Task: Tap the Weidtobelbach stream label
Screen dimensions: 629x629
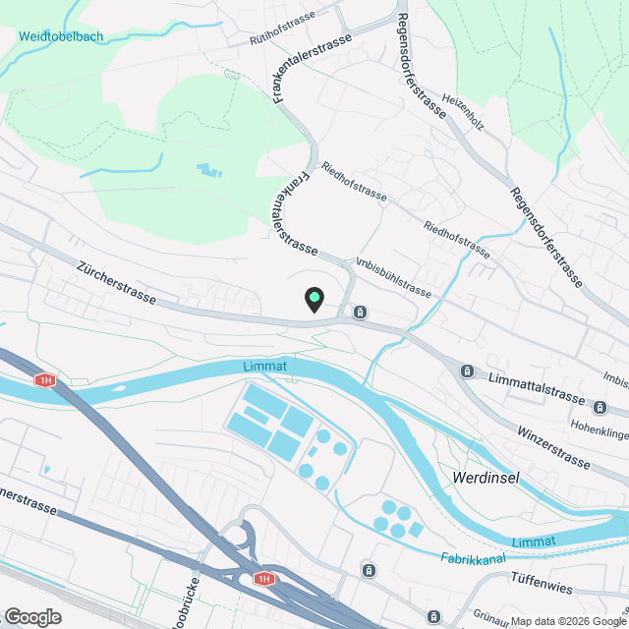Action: tap(61, 36)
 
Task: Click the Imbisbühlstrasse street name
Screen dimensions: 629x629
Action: tap(392, 278)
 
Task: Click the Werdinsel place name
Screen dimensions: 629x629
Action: tap(486, 477)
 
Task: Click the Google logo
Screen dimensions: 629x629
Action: tap(32, 616)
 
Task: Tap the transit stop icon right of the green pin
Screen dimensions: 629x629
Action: tap(361, 313)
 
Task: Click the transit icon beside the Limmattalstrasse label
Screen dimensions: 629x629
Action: tap(468, 372)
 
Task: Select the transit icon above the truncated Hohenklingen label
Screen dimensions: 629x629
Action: tap(600, 407)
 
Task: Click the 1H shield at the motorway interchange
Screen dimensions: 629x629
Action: tap(262, 578)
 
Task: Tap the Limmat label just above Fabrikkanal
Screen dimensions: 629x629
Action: tap(534, 543)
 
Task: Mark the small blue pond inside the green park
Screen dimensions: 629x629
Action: tap(209, 171)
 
